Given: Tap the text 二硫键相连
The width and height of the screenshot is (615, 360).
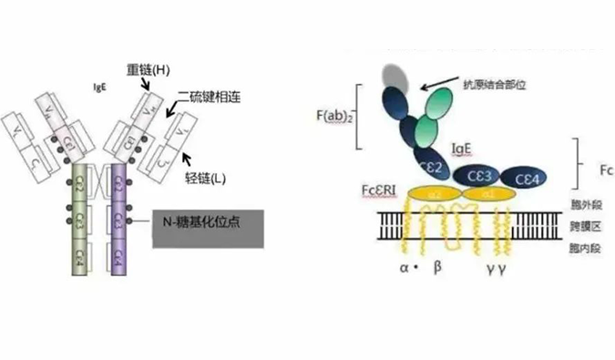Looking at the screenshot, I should [209, 95].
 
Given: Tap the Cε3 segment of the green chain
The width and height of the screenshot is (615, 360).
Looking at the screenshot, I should [80, 219].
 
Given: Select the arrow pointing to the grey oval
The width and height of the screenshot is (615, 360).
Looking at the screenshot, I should [447, 81].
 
